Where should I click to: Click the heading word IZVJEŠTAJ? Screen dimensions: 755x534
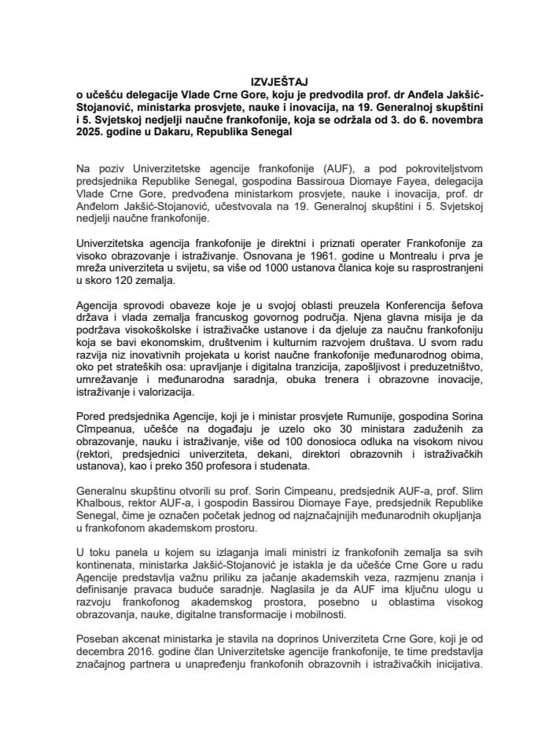pos(267,81)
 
